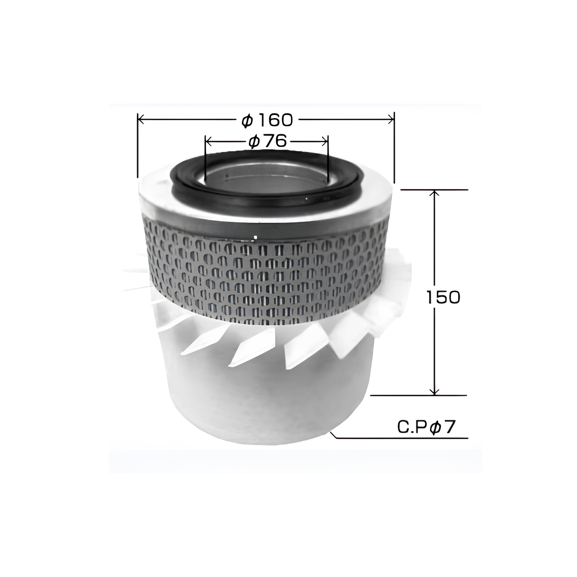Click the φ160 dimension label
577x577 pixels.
(267, 120)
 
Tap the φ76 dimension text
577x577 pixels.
(268, 141)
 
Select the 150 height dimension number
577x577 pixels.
(443, 297)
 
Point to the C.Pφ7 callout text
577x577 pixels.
(426, 428)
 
